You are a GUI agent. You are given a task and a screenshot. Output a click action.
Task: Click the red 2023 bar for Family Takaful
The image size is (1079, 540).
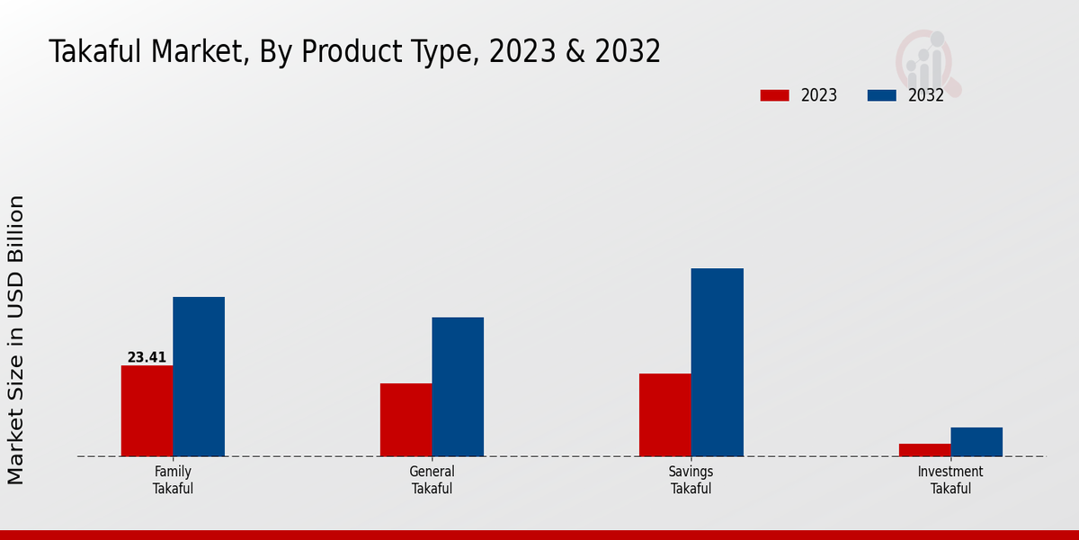click(147, 410)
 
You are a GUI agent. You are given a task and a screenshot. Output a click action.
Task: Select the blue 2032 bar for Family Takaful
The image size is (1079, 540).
click(199, 376)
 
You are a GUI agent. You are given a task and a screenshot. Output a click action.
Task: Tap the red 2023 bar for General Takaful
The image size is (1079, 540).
click(406, 419)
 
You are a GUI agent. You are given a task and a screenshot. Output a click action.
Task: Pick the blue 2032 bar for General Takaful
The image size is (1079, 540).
click(458, 386)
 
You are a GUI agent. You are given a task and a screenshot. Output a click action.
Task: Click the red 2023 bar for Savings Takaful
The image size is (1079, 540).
click(665, 415)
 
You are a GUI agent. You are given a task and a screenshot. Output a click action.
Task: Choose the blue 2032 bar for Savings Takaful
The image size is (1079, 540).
click(718, 362)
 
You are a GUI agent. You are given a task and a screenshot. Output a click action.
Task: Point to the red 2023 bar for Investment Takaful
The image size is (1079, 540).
click(924, 450)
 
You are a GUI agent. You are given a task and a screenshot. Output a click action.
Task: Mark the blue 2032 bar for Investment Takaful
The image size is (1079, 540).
click(976, 442)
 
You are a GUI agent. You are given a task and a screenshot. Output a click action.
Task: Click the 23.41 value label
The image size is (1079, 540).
click(147, 357)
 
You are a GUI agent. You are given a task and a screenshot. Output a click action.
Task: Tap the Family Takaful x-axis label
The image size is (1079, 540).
click(173, 480)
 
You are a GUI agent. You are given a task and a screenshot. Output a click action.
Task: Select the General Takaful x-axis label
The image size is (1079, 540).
click(432, 480)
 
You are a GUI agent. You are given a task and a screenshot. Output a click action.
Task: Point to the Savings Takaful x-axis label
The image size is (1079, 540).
click(691, 480)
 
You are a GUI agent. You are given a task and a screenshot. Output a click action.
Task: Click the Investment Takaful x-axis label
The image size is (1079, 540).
click(950, 480)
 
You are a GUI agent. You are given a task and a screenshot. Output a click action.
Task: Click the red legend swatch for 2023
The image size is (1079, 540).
click(774, 95)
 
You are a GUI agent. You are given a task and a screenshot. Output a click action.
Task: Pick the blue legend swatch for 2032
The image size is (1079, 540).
click(882, 95)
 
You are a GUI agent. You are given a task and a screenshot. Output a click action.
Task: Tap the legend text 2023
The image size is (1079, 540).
click(819, 95)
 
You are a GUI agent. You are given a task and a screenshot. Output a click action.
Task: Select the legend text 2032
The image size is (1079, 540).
click(926, 95)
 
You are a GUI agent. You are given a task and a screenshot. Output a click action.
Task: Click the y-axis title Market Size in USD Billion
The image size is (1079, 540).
click(17, 340)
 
